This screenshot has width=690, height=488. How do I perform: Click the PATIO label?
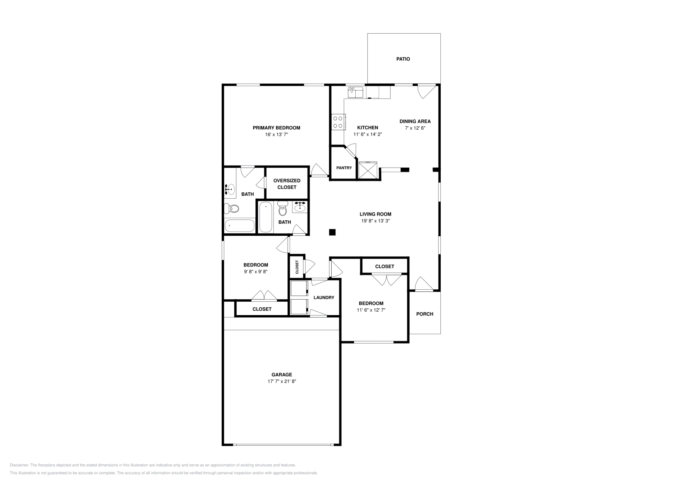click(403, 59)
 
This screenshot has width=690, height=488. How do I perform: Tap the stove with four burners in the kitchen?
click(338, 122)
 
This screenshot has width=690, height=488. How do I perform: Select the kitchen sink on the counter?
click(355, 92)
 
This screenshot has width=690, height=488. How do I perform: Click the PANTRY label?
click(344, 168)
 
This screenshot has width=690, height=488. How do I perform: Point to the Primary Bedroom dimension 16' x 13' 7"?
click(276, 135)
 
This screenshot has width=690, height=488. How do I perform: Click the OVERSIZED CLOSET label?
click(287, 184)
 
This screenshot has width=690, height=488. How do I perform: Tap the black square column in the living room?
click(332, 232)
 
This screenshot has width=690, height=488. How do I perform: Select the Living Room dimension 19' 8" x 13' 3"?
click(376, 221)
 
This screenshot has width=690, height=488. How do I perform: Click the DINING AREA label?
click(415, 122)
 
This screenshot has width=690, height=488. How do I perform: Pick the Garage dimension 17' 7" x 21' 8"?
click(282, 381)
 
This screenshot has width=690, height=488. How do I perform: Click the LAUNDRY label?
click(324, 297)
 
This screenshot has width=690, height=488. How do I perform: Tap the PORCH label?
click(425, 314)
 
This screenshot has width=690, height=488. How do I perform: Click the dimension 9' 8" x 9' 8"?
click(256, 272)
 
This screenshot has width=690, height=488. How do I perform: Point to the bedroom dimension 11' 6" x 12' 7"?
click(371, 310)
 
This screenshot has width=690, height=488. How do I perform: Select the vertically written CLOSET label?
click(297, 267)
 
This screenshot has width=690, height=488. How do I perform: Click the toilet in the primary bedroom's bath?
click(232, 209)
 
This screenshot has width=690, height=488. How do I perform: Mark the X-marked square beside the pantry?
click(368, 170)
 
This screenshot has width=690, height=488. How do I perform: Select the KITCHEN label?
click(368, 128)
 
